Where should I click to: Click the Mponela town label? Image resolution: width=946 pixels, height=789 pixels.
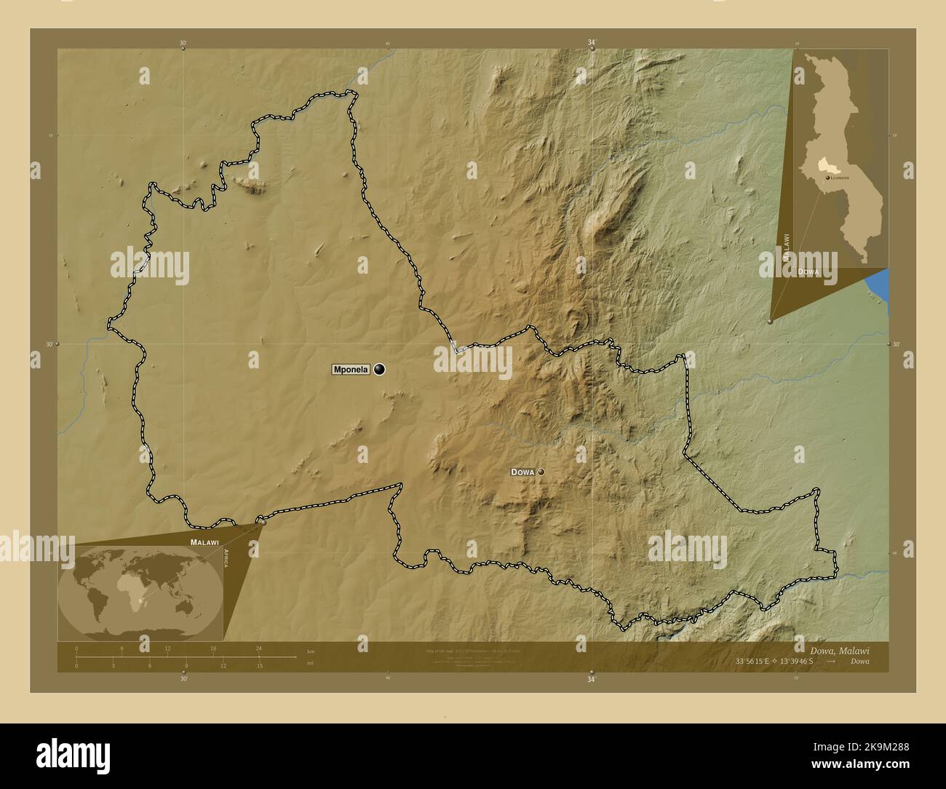[x=351, y=370]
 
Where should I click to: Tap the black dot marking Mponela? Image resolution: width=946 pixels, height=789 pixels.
[x=379, y=370]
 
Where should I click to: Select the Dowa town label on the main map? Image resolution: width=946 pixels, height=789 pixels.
[x=522, y=472]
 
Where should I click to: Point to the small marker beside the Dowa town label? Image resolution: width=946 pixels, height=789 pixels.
[x=541, y=472]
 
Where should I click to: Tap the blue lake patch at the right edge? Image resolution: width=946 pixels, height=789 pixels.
[x=879, y=282]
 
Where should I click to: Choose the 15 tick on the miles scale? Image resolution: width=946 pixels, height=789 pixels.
[x=259, y=665]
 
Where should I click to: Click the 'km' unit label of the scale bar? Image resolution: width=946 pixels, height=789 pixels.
[x=311, y=651]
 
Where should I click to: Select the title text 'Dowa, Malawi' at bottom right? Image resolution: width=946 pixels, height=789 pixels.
[x=840, y=650]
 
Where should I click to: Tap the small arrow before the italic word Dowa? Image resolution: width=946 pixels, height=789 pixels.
[x=837, y=661]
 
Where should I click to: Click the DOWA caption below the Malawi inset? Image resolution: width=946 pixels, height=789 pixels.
[x=808, y=271]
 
